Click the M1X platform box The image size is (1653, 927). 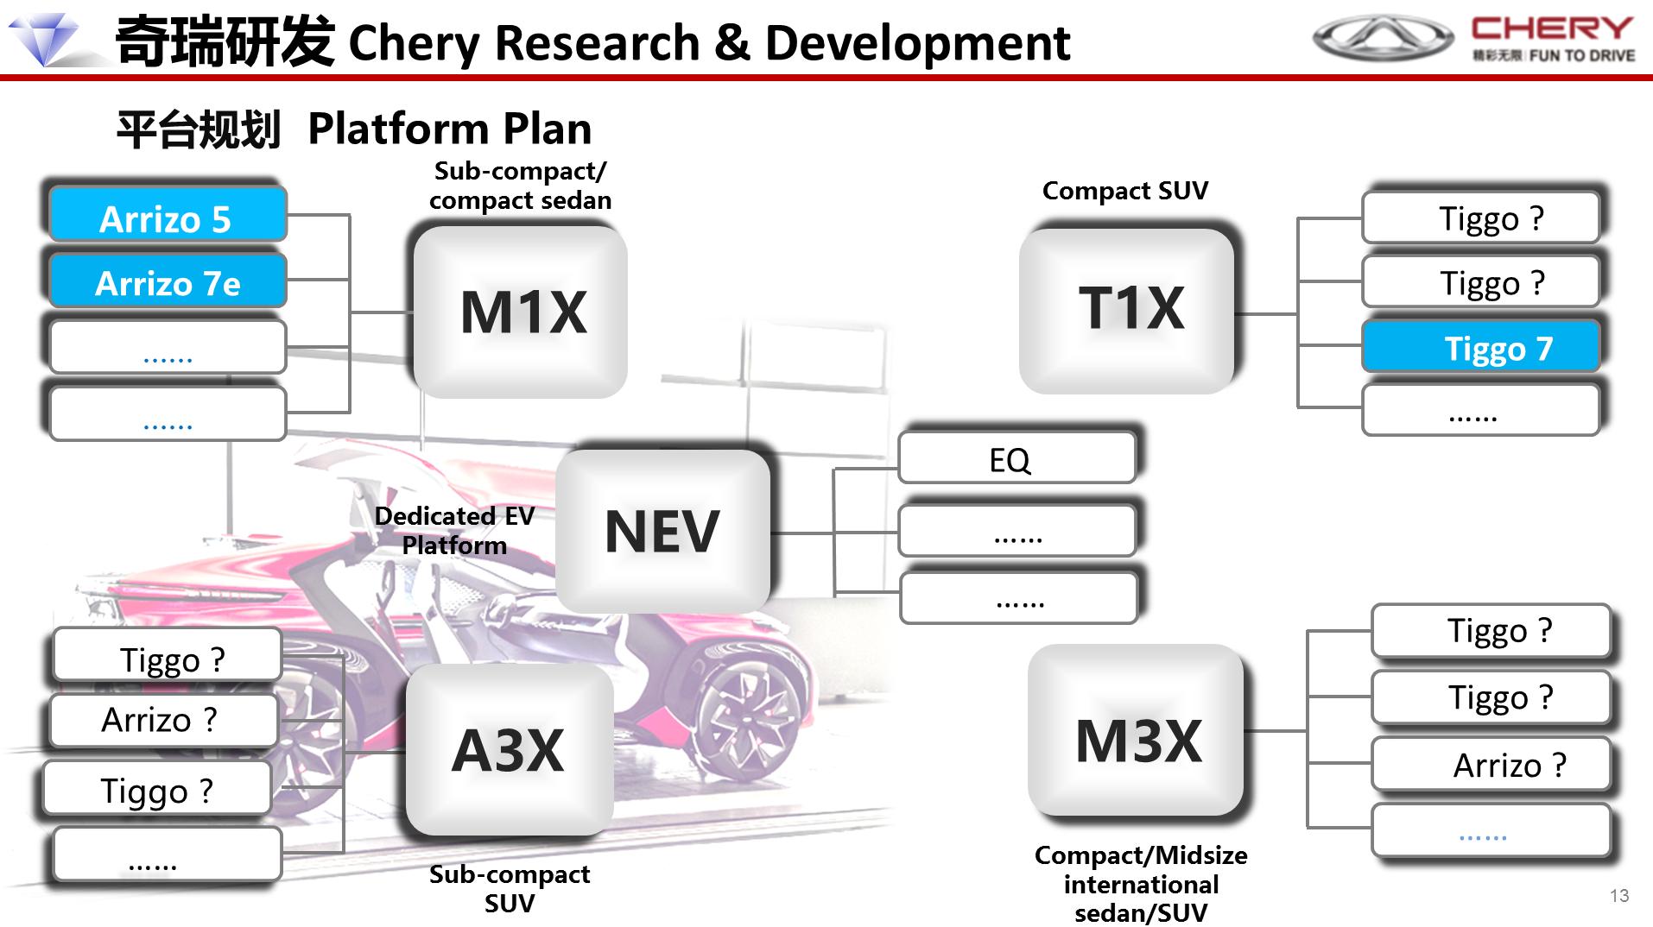point(520,311)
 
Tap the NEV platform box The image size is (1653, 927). point(662,530)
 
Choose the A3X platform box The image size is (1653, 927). point(510,749)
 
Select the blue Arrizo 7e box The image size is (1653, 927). point(167,281)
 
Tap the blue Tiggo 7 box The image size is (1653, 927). point(1481,347)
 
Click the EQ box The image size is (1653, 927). point(1017,457)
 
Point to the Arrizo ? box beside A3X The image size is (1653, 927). point(163,720)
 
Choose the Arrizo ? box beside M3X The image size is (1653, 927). point(1491,764)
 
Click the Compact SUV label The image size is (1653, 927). point(1125,191)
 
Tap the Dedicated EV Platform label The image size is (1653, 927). point(454,530)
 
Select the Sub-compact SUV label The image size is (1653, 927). point(510,888)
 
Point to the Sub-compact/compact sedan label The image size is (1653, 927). point(520,186)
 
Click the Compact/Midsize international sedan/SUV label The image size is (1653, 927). point(1141,884)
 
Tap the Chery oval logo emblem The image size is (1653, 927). point(1384,38)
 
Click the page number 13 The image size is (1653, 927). point(1619,896)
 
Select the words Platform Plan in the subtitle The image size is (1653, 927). point(450,129)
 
